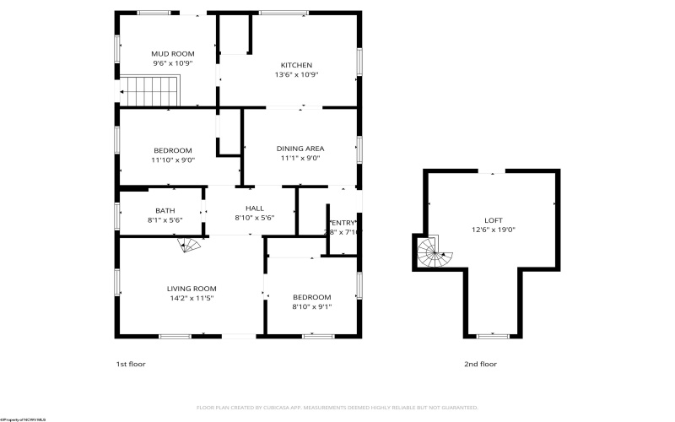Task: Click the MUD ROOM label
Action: pyautogui.click(x=172, y=53)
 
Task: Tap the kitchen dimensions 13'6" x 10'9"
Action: pyautogui.click(x=295, y=74)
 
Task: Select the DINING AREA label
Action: pyautogui.click(x=300, y=149)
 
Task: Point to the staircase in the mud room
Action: pyautogui.click(x=150, y=88)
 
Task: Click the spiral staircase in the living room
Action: pyautogui.click(x=191, y=245)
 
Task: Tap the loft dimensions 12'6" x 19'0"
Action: pyautogui.click(x=493, y=230)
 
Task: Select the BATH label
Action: pyautogui.click(x=165, y=210)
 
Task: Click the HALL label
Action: pyautogui.click(x=254, y=208)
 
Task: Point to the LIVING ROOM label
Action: pyautogui.click(x=192, y=288)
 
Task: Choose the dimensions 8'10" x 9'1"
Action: pyautogui.click(x=311, y=306)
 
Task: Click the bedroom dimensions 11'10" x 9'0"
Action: pyautogui.click(x=174, y=159)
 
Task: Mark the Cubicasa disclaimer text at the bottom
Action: pyautogui.click(x=337, y=406)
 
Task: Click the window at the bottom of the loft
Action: pyautogui.click(x=493, y=336)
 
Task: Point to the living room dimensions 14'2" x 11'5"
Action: pyautogui.click(x=192, y=298)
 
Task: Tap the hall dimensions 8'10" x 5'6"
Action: pyautogui.click(x=254, y=218)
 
